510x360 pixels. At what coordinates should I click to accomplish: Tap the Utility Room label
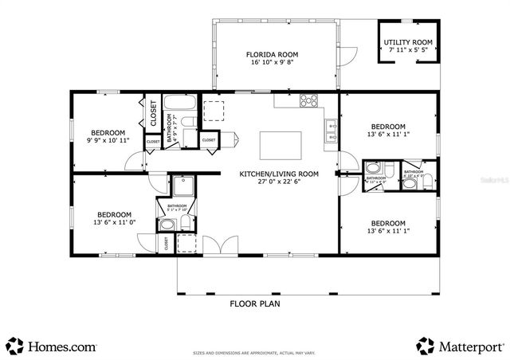coord(408,42)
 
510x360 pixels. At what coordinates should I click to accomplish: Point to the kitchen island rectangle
coord(281,146)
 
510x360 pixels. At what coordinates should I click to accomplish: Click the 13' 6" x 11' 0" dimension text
coord(114,223)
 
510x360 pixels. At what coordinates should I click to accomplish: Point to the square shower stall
coord(184,187)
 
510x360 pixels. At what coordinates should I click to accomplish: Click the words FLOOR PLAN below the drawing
coord(254,303)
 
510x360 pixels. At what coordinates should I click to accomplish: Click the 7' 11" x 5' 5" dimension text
coord(408,50)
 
